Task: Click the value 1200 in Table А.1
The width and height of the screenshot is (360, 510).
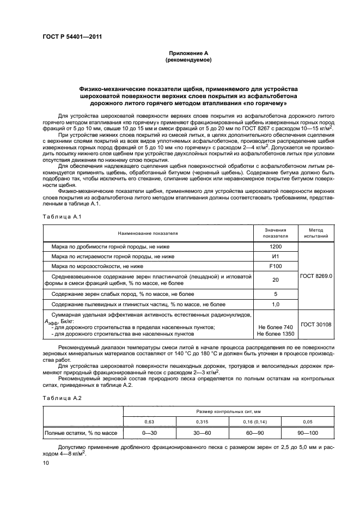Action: click(x=275, y=246)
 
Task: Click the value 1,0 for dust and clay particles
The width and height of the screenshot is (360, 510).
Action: click(x=275, y=303)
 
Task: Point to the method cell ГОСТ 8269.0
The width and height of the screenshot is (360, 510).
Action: click(x=316, y=276)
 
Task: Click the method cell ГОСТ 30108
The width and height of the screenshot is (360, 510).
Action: click(x=316, y=324)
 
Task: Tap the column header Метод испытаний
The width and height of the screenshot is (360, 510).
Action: click(x=316, y=233)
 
